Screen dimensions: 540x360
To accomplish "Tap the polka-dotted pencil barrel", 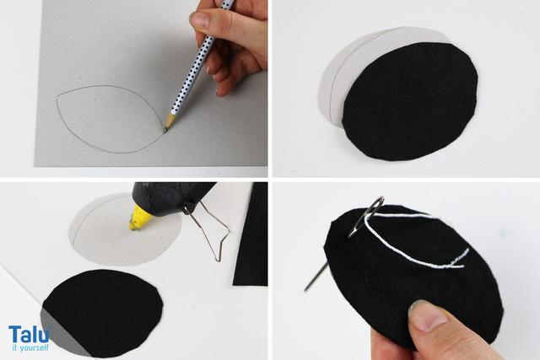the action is [x=200, y=58].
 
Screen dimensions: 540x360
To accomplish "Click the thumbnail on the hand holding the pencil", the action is [x=200, y=19].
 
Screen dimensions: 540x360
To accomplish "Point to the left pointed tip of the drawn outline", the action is [x=57, y=100].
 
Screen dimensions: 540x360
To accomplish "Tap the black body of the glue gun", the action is [x=172, y=198].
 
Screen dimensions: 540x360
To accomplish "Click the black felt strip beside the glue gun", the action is [x=251, y=234].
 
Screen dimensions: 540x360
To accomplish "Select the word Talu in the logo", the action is [x=29, y=334].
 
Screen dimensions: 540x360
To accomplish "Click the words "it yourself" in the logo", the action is [x=30, y=347].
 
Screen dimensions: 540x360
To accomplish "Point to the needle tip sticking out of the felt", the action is [x=305, y=289].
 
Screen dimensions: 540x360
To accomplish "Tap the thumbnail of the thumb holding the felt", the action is [x=428, y=316].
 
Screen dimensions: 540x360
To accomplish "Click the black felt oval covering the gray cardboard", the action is [x=410, y=101].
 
